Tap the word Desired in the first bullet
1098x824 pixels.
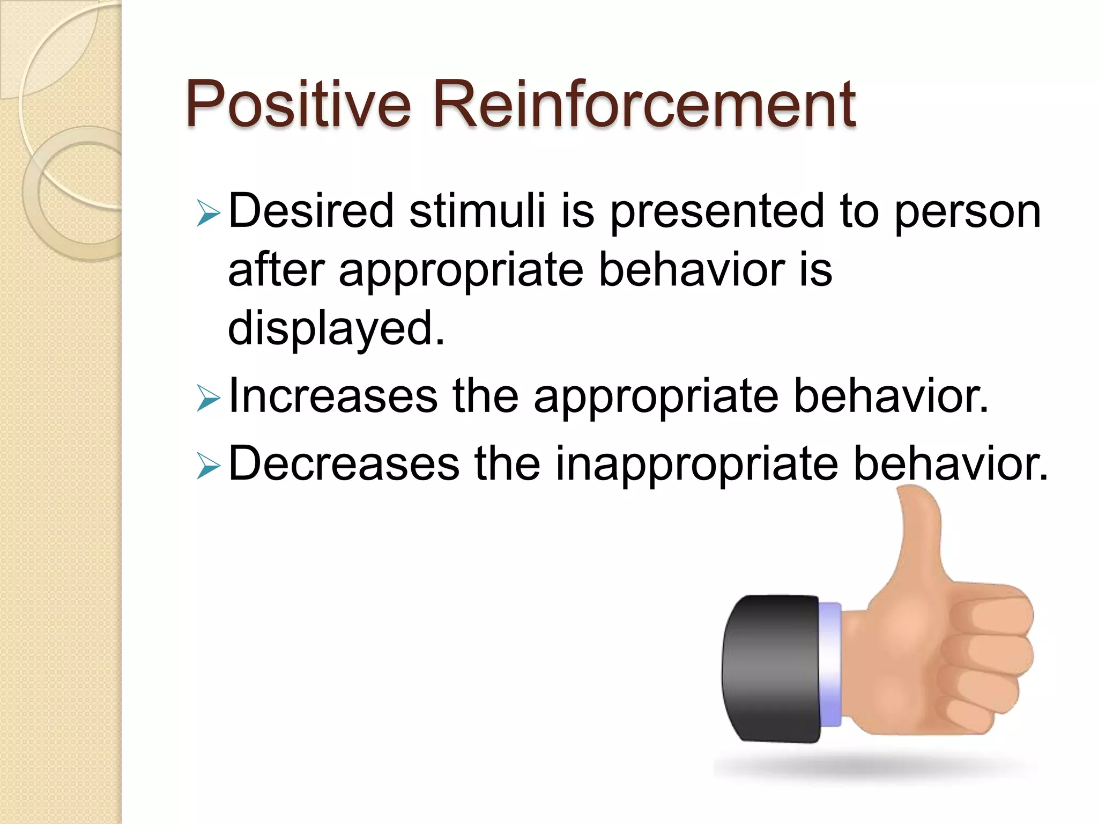tap(311, 211)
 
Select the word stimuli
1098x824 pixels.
tap(477, 211)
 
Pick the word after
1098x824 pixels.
tap(276, 269)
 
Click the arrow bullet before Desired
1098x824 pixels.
tap(208, 213)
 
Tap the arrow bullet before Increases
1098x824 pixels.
tap(208, 398)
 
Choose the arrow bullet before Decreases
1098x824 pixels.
tap(208, 465)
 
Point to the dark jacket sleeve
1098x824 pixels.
tap(770, 668)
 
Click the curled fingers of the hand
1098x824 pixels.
tap(986, 660)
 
